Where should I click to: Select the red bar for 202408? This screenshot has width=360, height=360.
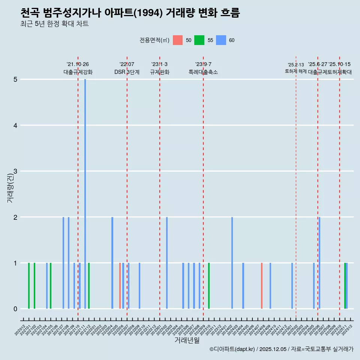(262, 286)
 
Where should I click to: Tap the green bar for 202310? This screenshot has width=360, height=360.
(209, 286)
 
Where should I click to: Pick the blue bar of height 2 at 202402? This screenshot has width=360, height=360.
(232, 262)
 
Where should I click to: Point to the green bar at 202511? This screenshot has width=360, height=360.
(345, 286)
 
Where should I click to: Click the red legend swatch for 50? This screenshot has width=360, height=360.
(178, 40)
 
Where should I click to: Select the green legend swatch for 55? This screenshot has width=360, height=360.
(199, 40)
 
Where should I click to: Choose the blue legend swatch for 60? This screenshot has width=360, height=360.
(222, 40)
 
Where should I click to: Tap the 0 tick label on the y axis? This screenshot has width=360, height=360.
(15, 309)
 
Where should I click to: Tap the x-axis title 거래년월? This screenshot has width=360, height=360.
(187, 340)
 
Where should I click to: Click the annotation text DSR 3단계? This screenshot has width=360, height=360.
(127, 72)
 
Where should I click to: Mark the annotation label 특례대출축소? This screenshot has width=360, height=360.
(203, 72)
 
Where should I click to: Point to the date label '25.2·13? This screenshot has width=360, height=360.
(296, 65)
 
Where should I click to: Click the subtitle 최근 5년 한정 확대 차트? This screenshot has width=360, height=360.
(54, 24)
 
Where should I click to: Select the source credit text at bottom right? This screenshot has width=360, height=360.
(281, 349)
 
